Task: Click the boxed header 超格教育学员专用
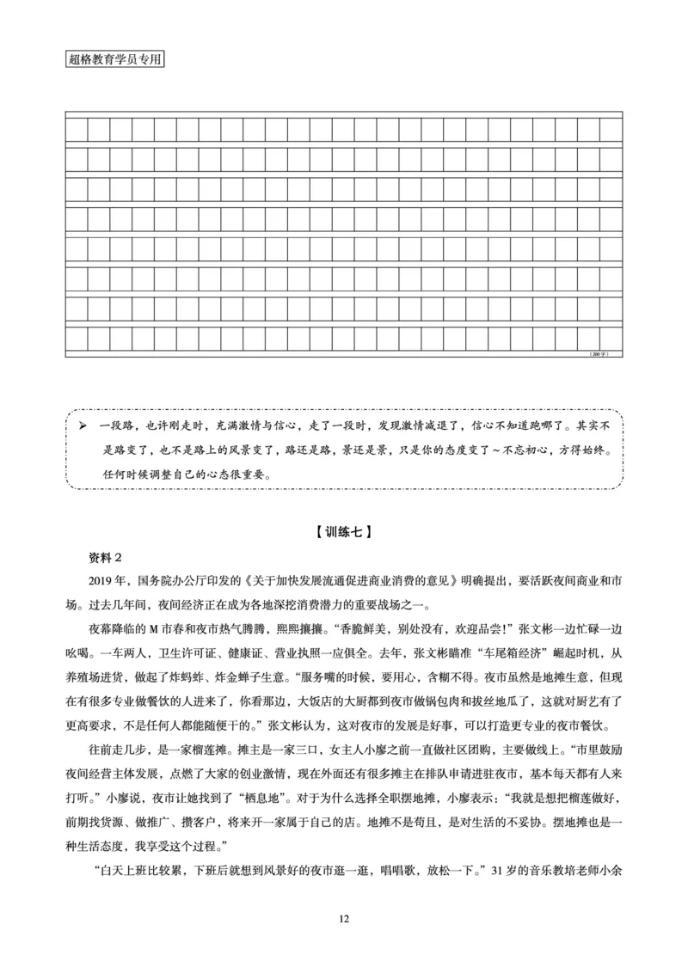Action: pyautogui.click(x=114, y=61)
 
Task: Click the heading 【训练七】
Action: pyautogui.click(x=343, y=531)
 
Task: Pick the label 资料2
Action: pyautogui.click(x=107, y=554)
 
